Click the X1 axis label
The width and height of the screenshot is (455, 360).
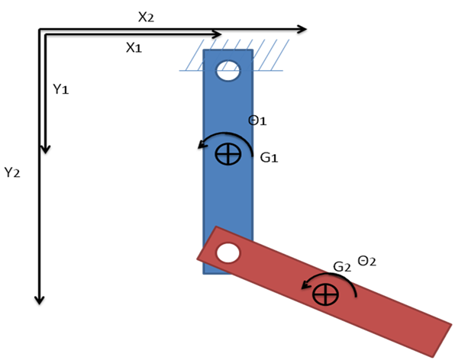pyautogui.click(x=134, y=47)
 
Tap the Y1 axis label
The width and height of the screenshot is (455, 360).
pyautogui.click(x=62, y=89)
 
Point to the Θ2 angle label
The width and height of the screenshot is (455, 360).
pyautogui.click(x=367, y=261)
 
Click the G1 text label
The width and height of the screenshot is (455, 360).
pyautogui.click(x=269, y=158)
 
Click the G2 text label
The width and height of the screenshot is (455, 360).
pyautogui.click(x=341, y=266)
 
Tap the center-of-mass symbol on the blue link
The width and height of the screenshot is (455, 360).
pyautogui.click(x=227, y=154)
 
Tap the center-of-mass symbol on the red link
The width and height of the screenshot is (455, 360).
pyautogui.click(x=325, y=294)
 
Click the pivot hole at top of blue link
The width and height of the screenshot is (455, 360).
pyautogui.click(x=227, y=72)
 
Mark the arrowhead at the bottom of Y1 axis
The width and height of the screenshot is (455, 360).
pyautogui.click(x=45, y=147)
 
